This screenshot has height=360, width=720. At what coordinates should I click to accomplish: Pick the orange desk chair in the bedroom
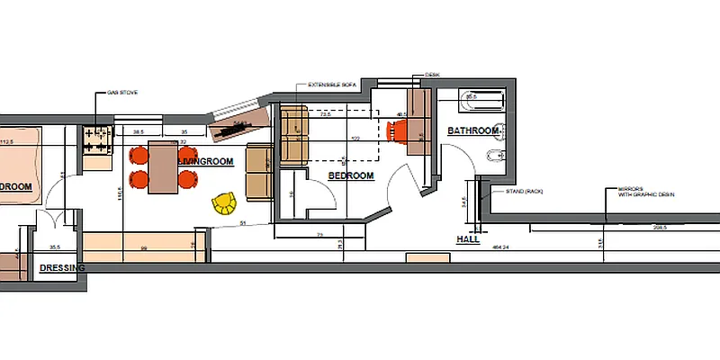pyautogui.click(x=398, y=131)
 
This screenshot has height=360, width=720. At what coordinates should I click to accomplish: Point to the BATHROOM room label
pyautogui.click(x=472, y=131)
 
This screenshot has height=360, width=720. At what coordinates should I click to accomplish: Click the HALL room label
pyautogui.click(x=468, y=240)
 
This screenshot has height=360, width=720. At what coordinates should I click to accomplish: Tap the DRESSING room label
pyautogui.click(x=62, y=268)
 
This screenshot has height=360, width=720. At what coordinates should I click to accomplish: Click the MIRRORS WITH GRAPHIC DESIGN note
pyautogui.click(x=644, y=193)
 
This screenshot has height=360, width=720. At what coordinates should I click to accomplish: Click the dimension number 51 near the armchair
pyautogui.click(x=242, y=221)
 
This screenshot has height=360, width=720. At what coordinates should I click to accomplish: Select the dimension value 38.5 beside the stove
pyautogui.click(x=139, y=130)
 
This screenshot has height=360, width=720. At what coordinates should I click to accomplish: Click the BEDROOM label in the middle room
pyautogui.click(x=350, y=175)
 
